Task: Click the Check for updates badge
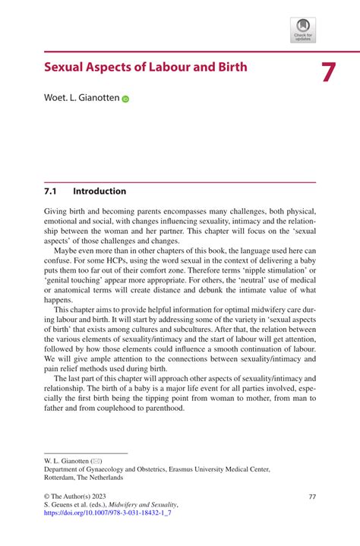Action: (302, 30)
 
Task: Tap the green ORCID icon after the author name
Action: (125, 99)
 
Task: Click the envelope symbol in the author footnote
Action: (96, 461)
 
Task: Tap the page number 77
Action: (311, 496)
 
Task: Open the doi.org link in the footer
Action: (109, 514)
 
